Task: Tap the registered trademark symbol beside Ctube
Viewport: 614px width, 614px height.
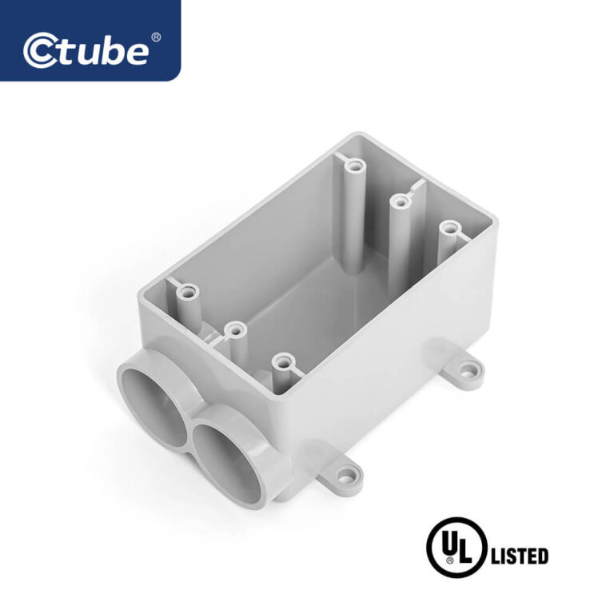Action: [156, 38]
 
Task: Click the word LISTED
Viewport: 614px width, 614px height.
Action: [519, 556]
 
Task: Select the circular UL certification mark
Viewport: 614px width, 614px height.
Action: [457, 548]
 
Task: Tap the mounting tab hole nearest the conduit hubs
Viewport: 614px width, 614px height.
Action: [345, 478]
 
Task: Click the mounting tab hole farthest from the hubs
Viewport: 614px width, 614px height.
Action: [466, 370]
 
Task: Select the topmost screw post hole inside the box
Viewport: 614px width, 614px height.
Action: [355, 167]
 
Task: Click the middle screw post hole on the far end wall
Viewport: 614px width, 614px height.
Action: [400, 202]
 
